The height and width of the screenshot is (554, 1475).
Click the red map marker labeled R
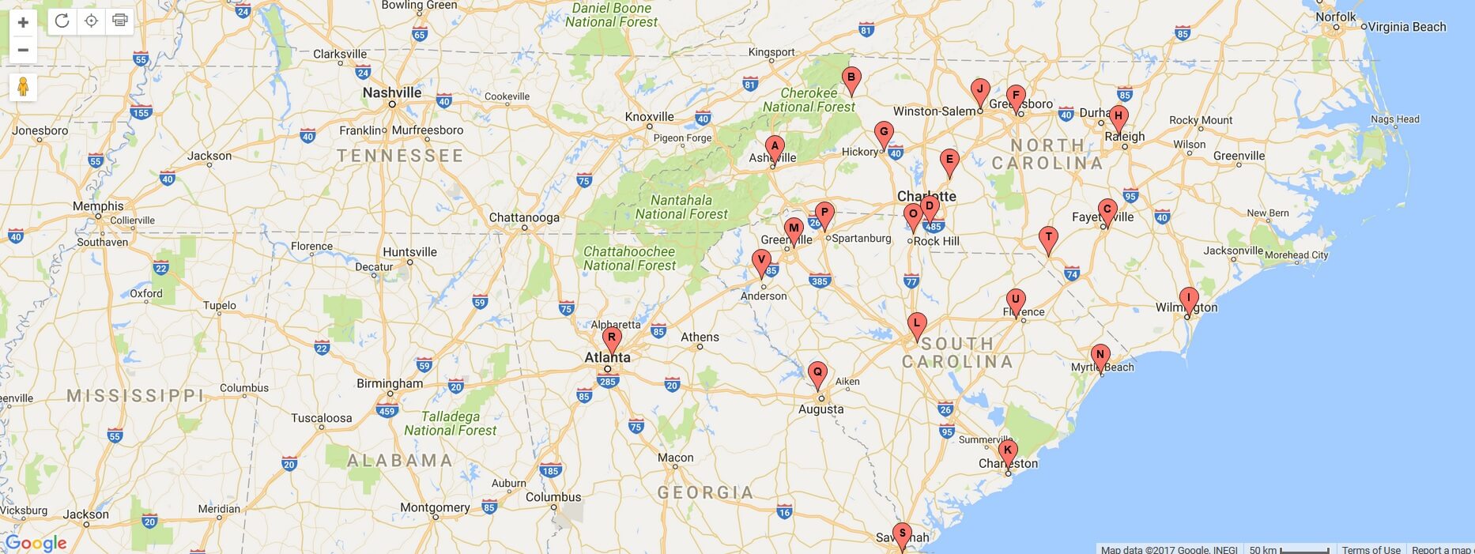click(611, 338)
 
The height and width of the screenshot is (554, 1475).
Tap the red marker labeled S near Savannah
click(901, 533)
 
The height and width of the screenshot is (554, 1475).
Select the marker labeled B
click(851, 78)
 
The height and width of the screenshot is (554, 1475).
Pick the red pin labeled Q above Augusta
click(817, 373)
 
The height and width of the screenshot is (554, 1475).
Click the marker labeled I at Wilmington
click(1188, 299)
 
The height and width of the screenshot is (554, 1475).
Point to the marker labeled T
click(1048, 238)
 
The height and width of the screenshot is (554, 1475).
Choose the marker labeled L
click(916, 323)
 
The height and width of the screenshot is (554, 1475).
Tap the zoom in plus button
click(23, 22)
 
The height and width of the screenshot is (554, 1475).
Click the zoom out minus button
click(23, 50)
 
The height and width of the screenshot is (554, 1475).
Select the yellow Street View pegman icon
click(23, 87)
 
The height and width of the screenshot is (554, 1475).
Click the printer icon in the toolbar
click(119, 21)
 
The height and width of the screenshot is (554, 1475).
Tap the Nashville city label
click(392, 92)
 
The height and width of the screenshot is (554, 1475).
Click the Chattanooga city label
click(524, 217)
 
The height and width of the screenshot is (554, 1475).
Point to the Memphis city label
click(98, 206)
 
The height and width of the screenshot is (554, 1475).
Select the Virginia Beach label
click(1406, 27)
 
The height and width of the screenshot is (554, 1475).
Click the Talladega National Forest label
click(451, 424)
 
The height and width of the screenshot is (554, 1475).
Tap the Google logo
click(36, 543)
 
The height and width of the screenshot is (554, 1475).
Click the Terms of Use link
click(1371, 549)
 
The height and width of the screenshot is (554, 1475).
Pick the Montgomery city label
click(435, 507)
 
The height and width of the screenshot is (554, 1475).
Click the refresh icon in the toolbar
click(62, 21)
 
